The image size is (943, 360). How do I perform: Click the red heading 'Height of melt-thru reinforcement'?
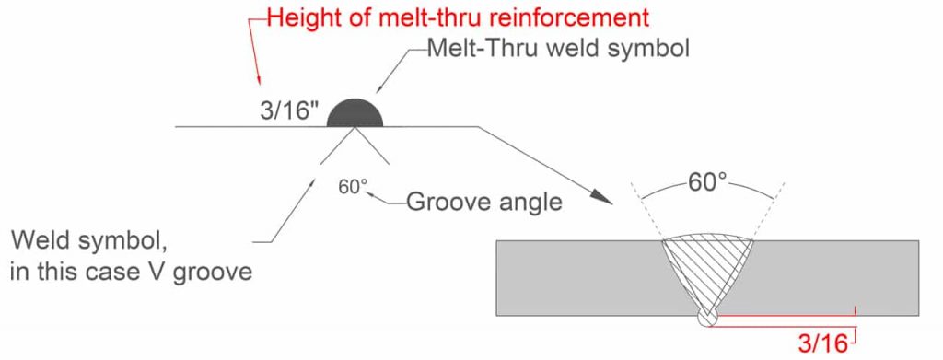pyautogui.click(x=458, y=17)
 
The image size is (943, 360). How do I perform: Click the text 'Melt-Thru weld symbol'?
pyautogui.click(x=558, y=51)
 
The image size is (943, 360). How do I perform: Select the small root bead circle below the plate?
pyautogui.click(x=708, y=318)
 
